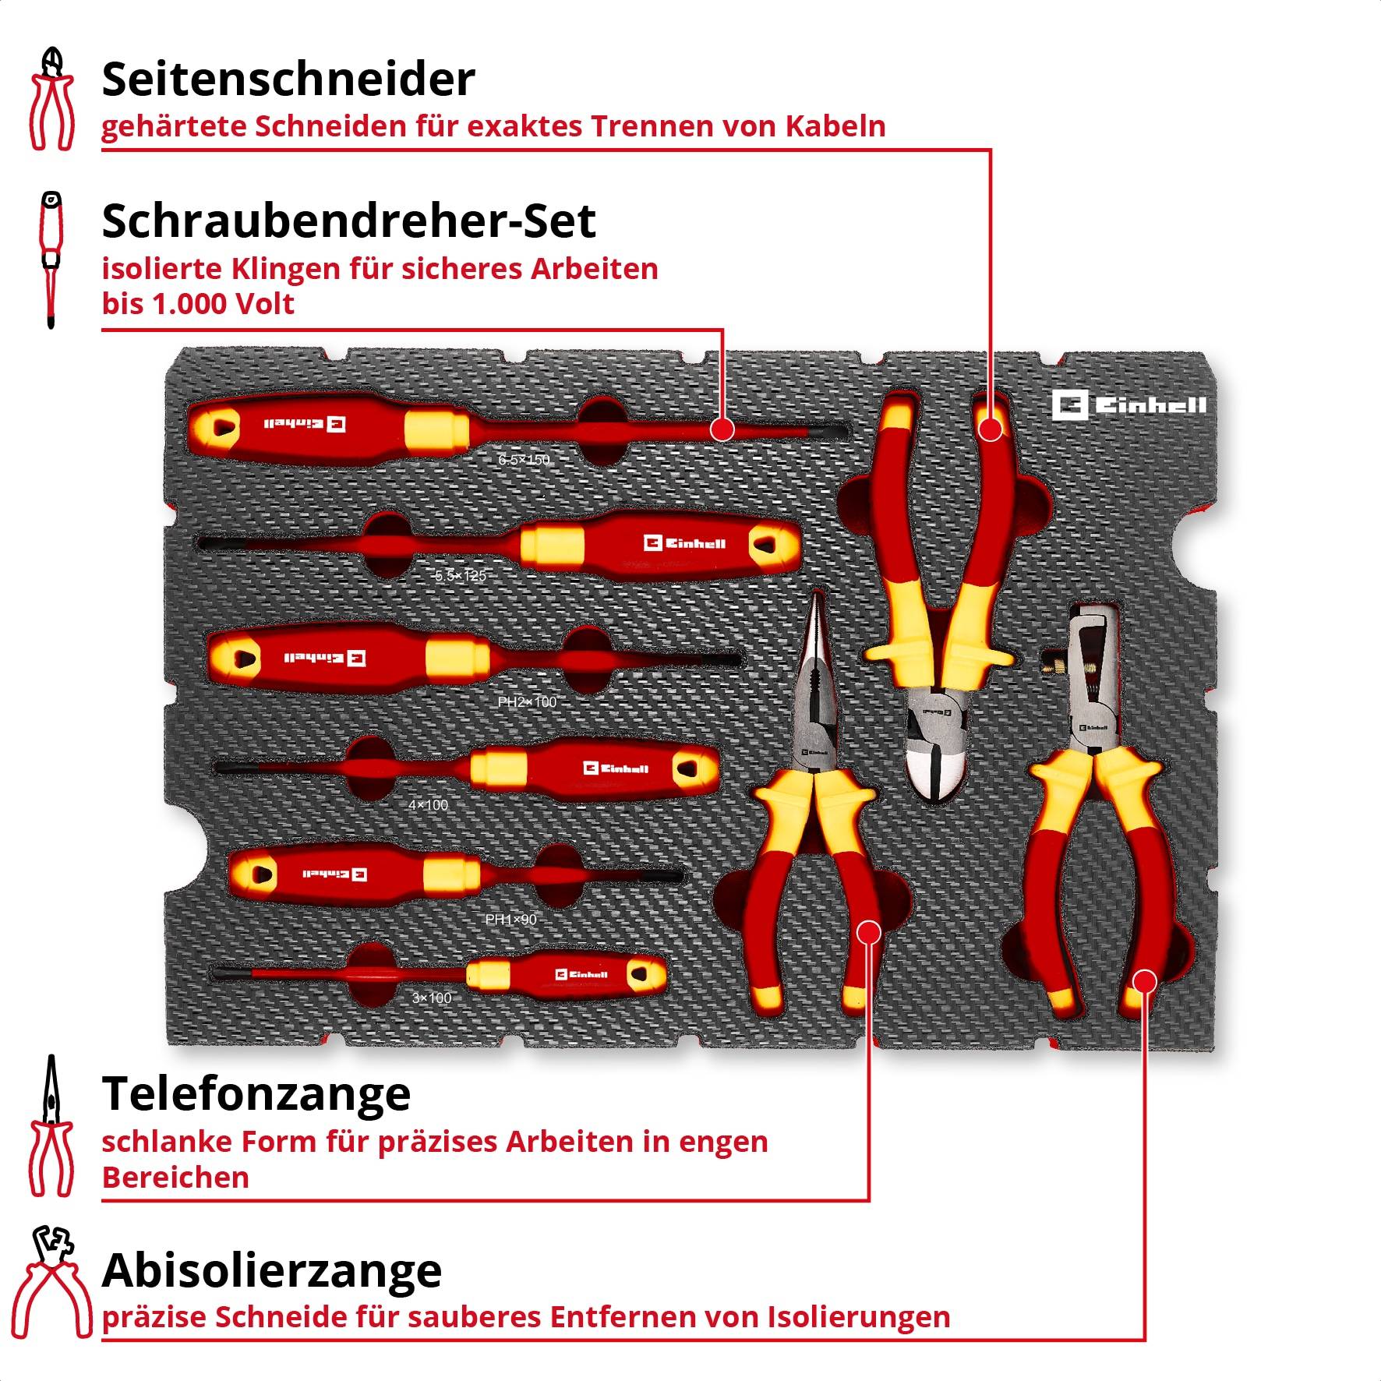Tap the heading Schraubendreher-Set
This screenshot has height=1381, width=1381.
click(x=348, y=221)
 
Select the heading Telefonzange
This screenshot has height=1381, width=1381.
click(x=256, y=1093)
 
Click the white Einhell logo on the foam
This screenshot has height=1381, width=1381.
click(x=1128, y=405)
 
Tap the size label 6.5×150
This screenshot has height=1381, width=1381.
click(x=524, y=460)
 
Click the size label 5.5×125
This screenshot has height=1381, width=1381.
click(x=460, y=576)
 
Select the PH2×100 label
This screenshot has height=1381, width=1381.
click(x=527, y=702)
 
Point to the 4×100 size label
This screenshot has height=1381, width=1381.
click(x=428, y=805)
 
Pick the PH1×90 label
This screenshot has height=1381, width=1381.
click(x=510, y=920)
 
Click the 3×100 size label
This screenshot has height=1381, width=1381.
click(x=431, y=998)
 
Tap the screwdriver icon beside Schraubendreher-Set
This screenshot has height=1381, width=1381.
click(x=51, y=259)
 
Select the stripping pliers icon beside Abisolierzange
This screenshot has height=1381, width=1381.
click(x=51, y=1282)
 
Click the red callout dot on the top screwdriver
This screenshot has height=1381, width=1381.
click(x=722, y=429)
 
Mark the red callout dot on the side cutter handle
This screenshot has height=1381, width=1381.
click(x=990, y=429)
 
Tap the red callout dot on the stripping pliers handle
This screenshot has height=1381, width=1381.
click(x=1144, y=981)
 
